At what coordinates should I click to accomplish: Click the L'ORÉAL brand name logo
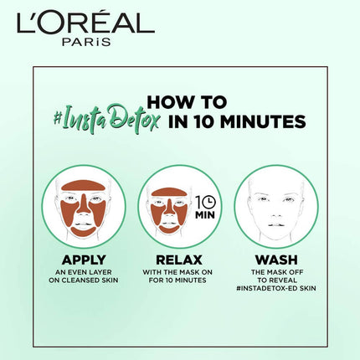(x=84, y=23)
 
